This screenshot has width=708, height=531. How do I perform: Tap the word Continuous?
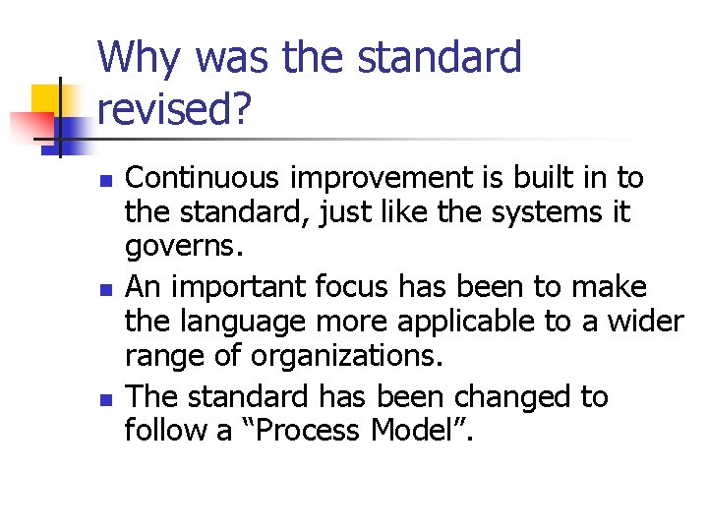coord(206,178)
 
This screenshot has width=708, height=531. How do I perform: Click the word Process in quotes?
coord(311,431)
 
